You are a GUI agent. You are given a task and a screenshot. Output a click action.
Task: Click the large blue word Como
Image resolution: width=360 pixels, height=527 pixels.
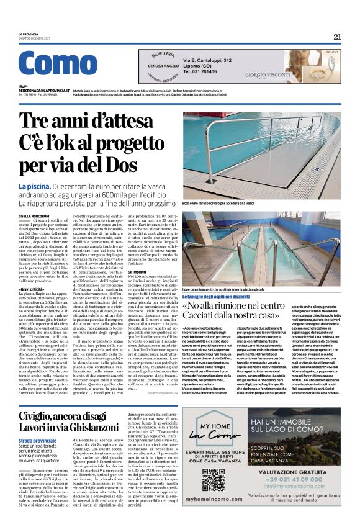pyautogui.click(x=58, y=63)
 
